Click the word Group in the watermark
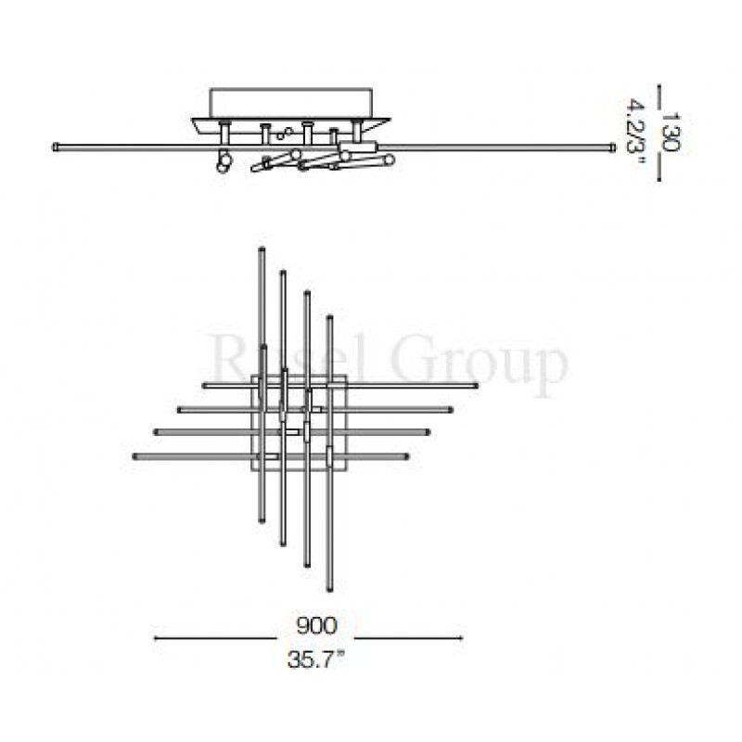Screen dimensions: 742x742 pyautogui.click(x=483, y=364)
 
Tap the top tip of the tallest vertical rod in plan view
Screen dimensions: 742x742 pyautogui.click(x=261, y=249)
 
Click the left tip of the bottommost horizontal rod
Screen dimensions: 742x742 pyautogui.click(x=135, y=455)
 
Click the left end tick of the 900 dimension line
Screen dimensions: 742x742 pyautogui.click(x=154, y=638)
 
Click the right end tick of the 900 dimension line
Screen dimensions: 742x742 pyautogui.click(x=462, y=638)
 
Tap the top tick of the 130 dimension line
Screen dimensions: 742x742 pyautogui.click(x=659, y=90)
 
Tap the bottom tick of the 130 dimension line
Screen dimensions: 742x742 pyautogui.click(x=659, y=179)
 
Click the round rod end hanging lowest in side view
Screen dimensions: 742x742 pyautogui.click(x=223, y=167)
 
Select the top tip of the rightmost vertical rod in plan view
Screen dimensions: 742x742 pyautogui.click(x=329, y=318)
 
